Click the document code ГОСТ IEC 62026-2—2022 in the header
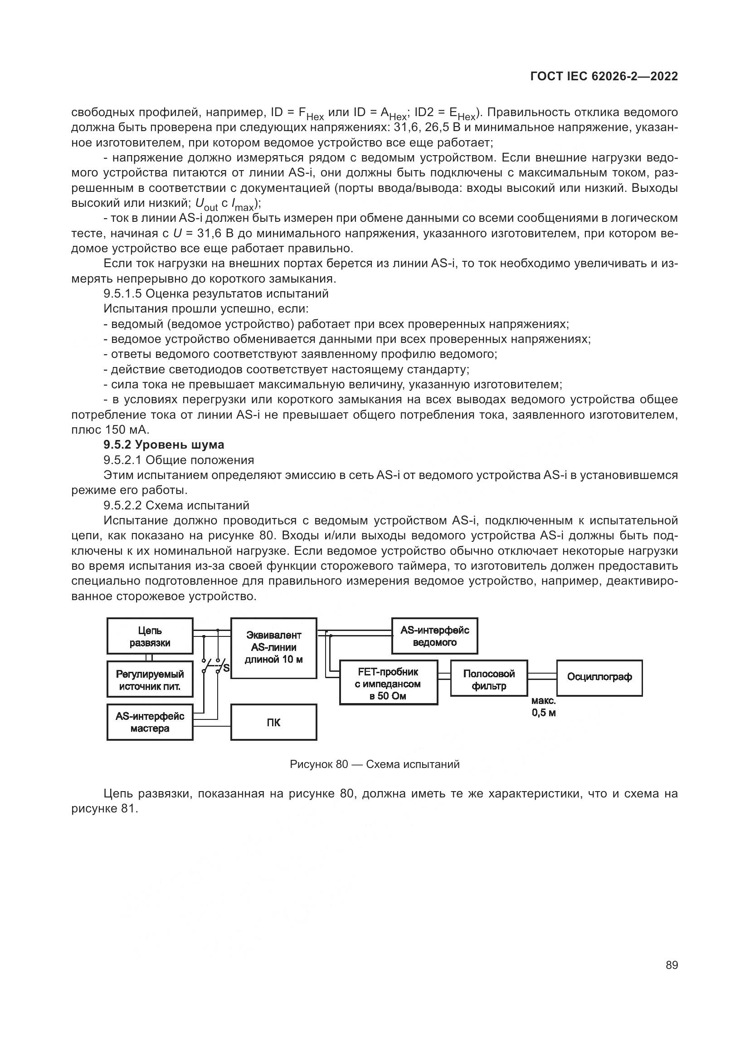coord(604,77)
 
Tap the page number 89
coord(672,965)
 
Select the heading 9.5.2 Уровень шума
coord(164,445)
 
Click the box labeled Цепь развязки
coord(150,636)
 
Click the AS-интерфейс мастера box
coord(150,722)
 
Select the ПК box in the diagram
coord(273,722)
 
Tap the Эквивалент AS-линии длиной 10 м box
coord(273,647)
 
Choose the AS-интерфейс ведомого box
coord(434,636)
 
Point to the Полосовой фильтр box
coord(489,680)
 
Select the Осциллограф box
coord(599,677)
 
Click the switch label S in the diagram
coord(226,668)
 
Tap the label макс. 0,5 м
coord(543,707)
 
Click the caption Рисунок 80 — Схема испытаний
coord(375,764)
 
